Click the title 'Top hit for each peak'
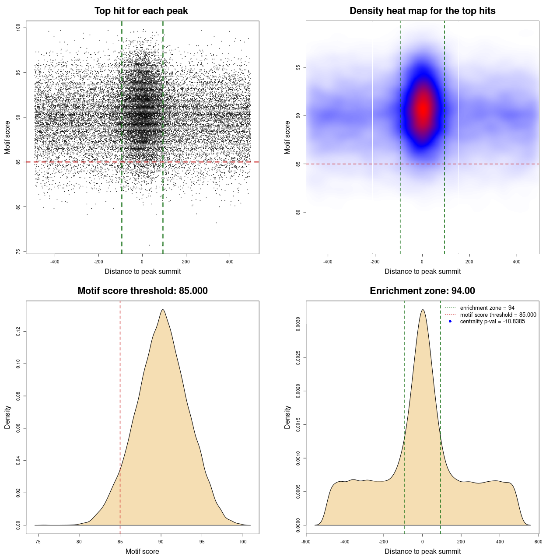(141, 11)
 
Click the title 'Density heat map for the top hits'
(422, 11)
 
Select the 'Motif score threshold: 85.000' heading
(142, 291)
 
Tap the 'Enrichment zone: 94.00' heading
(422, 291)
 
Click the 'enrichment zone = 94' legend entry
(487, 308)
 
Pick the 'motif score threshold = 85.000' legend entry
(498, 315)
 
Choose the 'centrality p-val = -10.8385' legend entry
(492, 322)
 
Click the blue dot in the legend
(450, 322)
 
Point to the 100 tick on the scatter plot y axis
(18, 28)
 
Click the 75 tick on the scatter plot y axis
(18, 252)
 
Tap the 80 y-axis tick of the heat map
(298, 212)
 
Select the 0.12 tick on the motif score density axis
(18, 332)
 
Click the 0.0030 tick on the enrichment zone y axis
(298, 324)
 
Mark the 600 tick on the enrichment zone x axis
(538, 542)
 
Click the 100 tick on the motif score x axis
(243, 542)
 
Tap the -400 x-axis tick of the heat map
(328, 262)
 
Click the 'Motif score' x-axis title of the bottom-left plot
(142, 551)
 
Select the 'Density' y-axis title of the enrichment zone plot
(287, 417)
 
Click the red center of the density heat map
(423, 109)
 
